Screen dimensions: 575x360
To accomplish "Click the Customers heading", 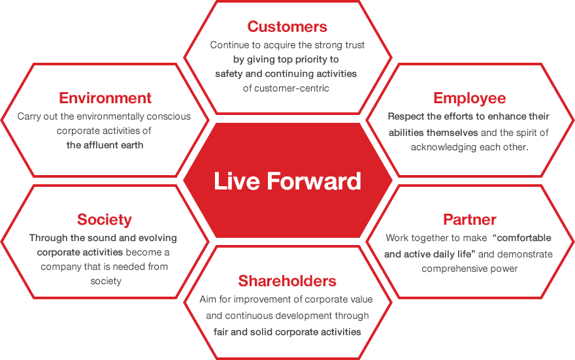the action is pos(287,26).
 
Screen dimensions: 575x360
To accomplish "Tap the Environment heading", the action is pos(105,98).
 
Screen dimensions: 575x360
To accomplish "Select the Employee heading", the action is pos(469,98).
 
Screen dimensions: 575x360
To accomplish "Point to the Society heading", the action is pos(105,220).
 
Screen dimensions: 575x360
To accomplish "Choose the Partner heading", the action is pos(470,220).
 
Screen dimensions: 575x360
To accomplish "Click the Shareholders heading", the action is pos(287,281).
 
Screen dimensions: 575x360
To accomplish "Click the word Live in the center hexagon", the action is pos(237,181).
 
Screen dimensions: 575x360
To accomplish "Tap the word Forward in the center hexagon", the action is pos(314,181).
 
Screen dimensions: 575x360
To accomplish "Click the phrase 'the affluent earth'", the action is pos(105,145).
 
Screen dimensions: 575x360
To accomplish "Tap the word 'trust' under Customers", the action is pos(354,45).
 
